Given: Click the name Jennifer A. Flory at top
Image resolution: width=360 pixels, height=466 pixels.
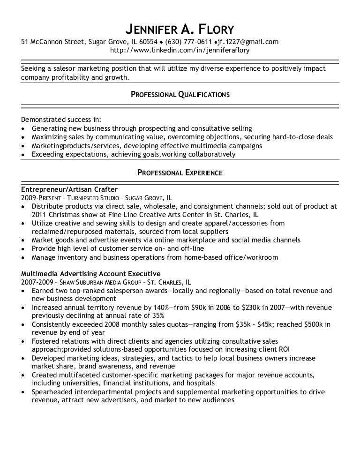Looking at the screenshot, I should pos(180,29).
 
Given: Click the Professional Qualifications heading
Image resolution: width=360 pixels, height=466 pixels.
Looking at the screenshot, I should pos(180,94).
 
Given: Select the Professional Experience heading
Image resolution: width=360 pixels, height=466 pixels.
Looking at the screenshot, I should pos(180,173).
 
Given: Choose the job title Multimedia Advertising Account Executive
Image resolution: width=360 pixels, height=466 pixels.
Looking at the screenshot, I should pos(91,273).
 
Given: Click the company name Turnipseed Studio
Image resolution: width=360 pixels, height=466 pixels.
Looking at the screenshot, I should pos(93,198).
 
